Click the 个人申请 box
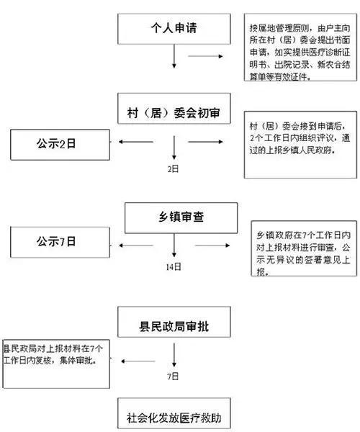click(x=174, y=29)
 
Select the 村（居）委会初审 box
click(x=174, y=108)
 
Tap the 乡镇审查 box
click(x=181, y=218)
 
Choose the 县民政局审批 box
click(x=174, y=322)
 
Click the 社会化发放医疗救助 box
click(x=174, y=413)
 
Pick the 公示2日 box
click(x=60, y=145)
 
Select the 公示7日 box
click(x=60, y=242)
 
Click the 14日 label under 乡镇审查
click(x=174, y=266)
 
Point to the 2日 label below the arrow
click(x=174, y=168)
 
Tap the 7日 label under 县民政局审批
click(x=173, y=376)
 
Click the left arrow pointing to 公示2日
click(x=136, y=142)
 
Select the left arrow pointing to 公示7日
click(x=136, y=246)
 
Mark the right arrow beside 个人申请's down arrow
click(x=205, y=56)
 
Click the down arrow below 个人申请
click(x=174, y=56)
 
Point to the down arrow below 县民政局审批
click(x=174, y=355)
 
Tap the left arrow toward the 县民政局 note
click(x=138, y=361)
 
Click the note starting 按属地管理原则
click(x=300, y=47)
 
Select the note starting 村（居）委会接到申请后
click(x=300, y=145)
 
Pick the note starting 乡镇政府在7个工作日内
click(x=304, y=248)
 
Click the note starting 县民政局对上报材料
click(x=56, y=364)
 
